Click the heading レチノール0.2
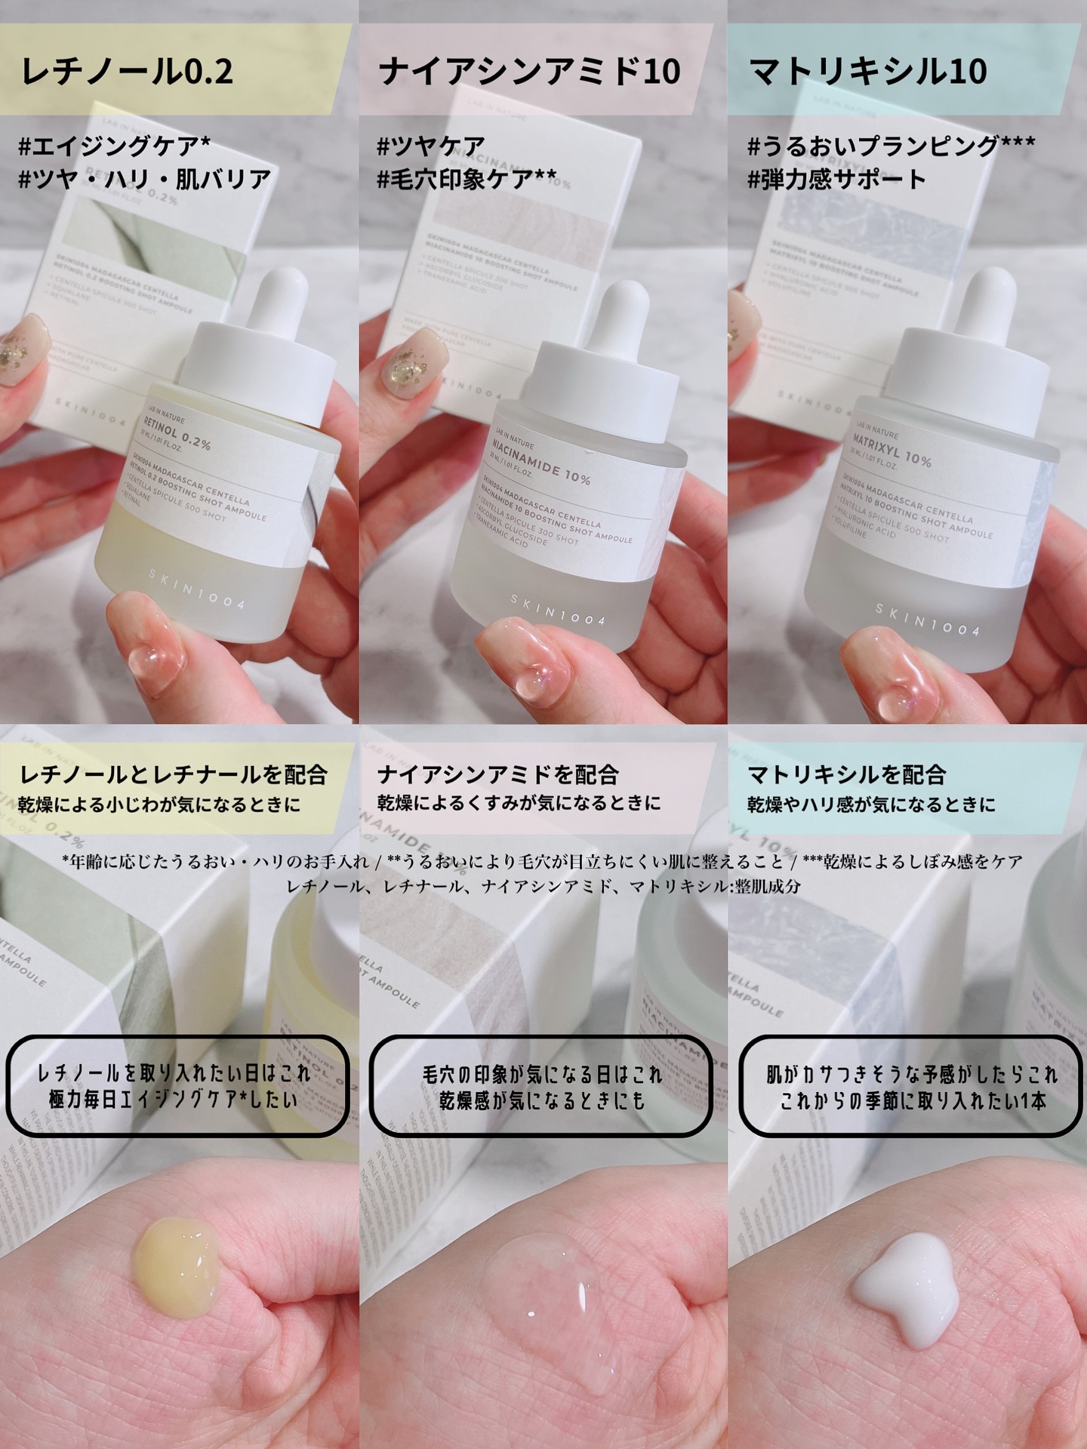click(127, 72)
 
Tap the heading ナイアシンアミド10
click(529, 72)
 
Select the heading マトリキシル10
click(868, 72)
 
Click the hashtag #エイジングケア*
click(114, 145)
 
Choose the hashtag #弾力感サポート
click(836, 179)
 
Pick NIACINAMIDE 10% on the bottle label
click(537, 465)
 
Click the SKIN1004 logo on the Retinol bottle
click(196, 589)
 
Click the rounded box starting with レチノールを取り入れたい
click(177, 1086)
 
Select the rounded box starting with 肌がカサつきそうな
click(911, 1086)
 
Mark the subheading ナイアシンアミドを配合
click(497, 774)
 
